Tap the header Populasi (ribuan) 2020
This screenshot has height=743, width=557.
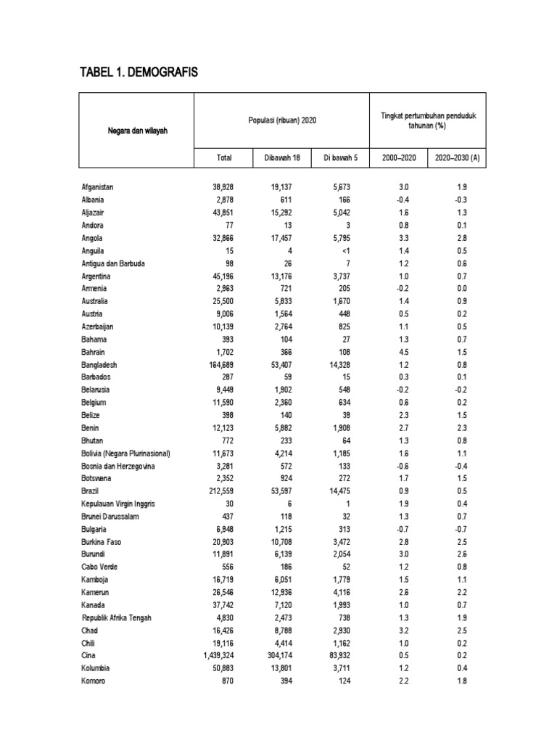pyautogui.click(x=282, y=120)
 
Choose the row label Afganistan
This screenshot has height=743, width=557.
pyautogui.click(x=98, y=187)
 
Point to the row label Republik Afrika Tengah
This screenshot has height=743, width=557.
pyautogui.click(x=120, y=618)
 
